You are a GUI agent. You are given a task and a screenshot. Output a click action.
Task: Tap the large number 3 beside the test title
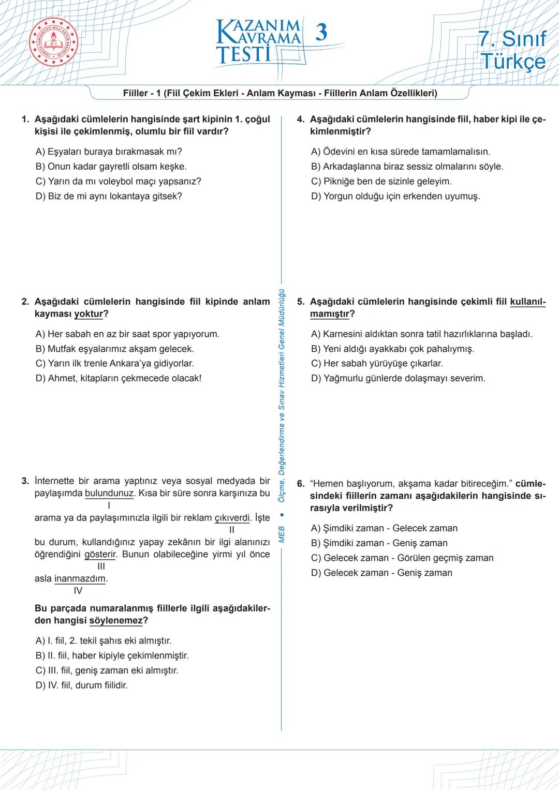(321, 33)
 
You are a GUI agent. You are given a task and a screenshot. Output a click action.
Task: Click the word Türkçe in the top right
(513, 61)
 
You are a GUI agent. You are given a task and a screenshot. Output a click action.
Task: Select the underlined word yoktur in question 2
(89, 314)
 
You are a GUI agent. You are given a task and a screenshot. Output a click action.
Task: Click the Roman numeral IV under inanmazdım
(78, 590)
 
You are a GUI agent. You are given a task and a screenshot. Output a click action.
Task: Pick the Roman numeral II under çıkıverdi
(232, 529)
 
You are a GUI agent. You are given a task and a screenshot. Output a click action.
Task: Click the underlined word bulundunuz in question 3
(109, 493)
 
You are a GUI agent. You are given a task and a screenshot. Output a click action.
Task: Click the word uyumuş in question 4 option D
(462, 196)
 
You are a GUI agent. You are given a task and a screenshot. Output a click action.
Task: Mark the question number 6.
(300, 484)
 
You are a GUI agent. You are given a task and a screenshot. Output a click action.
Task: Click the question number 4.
(300, 120)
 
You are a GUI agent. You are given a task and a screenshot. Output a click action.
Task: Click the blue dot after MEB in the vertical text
(282, 515)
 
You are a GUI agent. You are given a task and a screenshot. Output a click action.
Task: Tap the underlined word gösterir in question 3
(100, 554)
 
